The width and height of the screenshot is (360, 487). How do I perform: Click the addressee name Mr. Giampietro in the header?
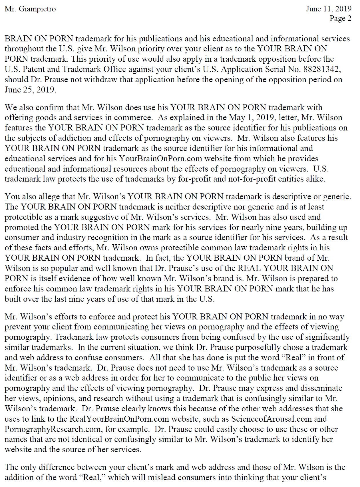coord(30,9)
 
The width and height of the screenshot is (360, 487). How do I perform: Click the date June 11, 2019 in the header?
coord(328,9)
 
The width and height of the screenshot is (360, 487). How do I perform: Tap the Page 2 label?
coord(340,19)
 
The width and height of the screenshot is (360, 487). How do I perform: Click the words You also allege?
coord(30,197)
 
